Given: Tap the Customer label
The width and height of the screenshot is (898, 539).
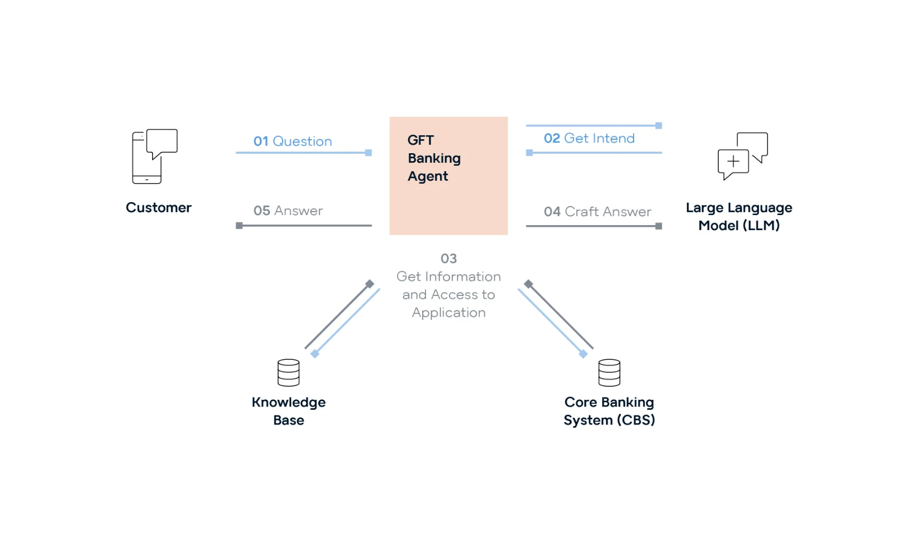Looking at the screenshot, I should point(158,208).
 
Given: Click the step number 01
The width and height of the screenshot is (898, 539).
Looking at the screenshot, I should point(260,141).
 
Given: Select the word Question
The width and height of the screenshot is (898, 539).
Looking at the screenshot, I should point(302,141).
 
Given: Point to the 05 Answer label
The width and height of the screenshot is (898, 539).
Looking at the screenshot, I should point(288,211).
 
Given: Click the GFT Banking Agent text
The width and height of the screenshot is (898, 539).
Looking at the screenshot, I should point(433,158).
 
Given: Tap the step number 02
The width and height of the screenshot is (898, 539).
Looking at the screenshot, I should point(552,139).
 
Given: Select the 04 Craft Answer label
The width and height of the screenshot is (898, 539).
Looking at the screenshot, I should point(597,212).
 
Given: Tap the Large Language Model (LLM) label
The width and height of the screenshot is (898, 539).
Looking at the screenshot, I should point(739,217).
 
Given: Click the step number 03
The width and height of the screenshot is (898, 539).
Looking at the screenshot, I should point(448,259).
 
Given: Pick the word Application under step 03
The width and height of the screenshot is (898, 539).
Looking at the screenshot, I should point(448,313).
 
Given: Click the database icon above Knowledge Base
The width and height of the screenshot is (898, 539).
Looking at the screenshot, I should point(288,373).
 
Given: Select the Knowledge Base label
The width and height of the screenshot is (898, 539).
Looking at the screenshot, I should point(288,411).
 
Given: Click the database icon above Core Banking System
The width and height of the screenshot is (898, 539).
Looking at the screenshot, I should point(609,373).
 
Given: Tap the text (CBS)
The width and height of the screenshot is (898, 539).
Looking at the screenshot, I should point(636,421).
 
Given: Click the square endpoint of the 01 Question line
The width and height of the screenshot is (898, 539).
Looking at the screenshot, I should point(369,153).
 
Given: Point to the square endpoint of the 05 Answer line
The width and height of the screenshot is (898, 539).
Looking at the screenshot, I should point(239,226).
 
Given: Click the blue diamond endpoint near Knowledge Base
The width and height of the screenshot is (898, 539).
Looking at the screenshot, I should point(315,354).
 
